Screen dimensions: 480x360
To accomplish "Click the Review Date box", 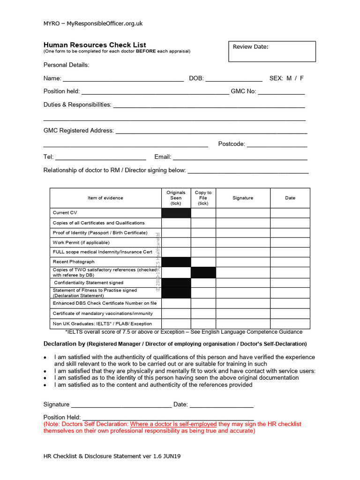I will [x=272, y=52].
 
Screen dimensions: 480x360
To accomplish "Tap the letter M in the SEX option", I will [x=289, y=78].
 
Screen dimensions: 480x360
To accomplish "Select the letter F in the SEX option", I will [x=302, y=78].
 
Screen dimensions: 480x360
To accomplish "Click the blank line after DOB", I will [x=233, y=79].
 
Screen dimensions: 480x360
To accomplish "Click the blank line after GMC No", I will [x=281, y=92].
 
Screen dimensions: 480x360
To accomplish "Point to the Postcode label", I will [x=232, y=144].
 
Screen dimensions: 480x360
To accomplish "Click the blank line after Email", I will [x=240, y=157].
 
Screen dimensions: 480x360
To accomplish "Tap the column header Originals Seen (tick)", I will [x=176, y=198].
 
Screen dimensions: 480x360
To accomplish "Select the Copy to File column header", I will [x=203, y=198].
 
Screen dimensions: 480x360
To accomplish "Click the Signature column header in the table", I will [x=243, y=198].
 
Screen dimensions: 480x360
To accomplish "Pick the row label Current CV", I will [x=65, y=213].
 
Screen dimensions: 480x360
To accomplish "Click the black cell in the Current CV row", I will [x=176, y=213].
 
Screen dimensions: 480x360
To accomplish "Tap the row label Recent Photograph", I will [x=74, y=262].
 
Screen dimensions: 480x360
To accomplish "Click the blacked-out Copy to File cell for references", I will [x=203, y=272].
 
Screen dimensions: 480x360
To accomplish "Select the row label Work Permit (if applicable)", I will [x=81, y=242].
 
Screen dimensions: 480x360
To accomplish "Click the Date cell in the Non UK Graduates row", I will [x=290, y=323].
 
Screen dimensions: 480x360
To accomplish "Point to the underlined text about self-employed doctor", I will [x=173, y=424].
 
